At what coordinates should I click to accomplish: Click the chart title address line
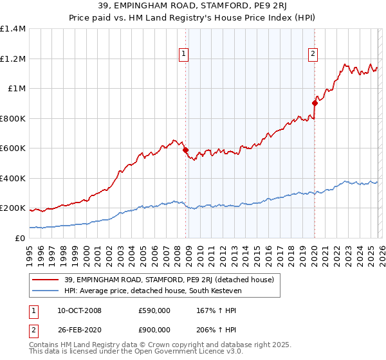tap(193, 6)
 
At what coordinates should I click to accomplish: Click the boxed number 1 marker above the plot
tap(184, 55)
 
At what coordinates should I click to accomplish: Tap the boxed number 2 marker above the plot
tap(313, 55)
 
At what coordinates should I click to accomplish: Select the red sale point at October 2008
tap(186, 150)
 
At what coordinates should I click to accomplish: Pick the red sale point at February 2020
tap(315, 103)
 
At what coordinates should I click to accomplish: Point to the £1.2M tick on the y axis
tap(14, 59)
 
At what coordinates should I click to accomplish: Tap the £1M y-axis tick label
tap(17, 88)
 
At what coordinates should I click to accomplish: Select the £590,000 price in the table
tap(153, 310)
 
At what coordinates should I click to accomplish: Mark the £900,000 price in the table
tap(153, 331)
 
